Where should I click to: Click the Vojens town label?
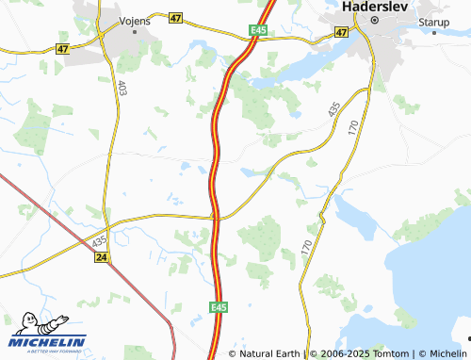tap(135, 18)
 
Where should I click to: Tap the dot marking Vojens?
tap(135, 31)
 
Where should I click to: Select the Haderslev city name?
tap(373, 6)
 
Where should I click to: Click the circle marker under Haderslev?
tap(373, 20)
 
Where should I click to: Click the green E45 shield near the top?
tap(259, 31)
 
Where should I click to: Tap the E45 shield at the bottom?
tap(219, 307)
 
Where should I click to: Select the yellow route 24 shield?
tap(103, 257)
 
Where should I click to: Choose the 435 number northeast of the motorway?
tap(334, 110)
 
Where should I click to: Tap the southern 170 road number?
tap(307, 248)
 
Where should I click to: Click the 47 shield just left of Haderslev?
tap(341, 31)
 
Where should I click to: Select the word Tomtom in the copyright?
tap(393, 353)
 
